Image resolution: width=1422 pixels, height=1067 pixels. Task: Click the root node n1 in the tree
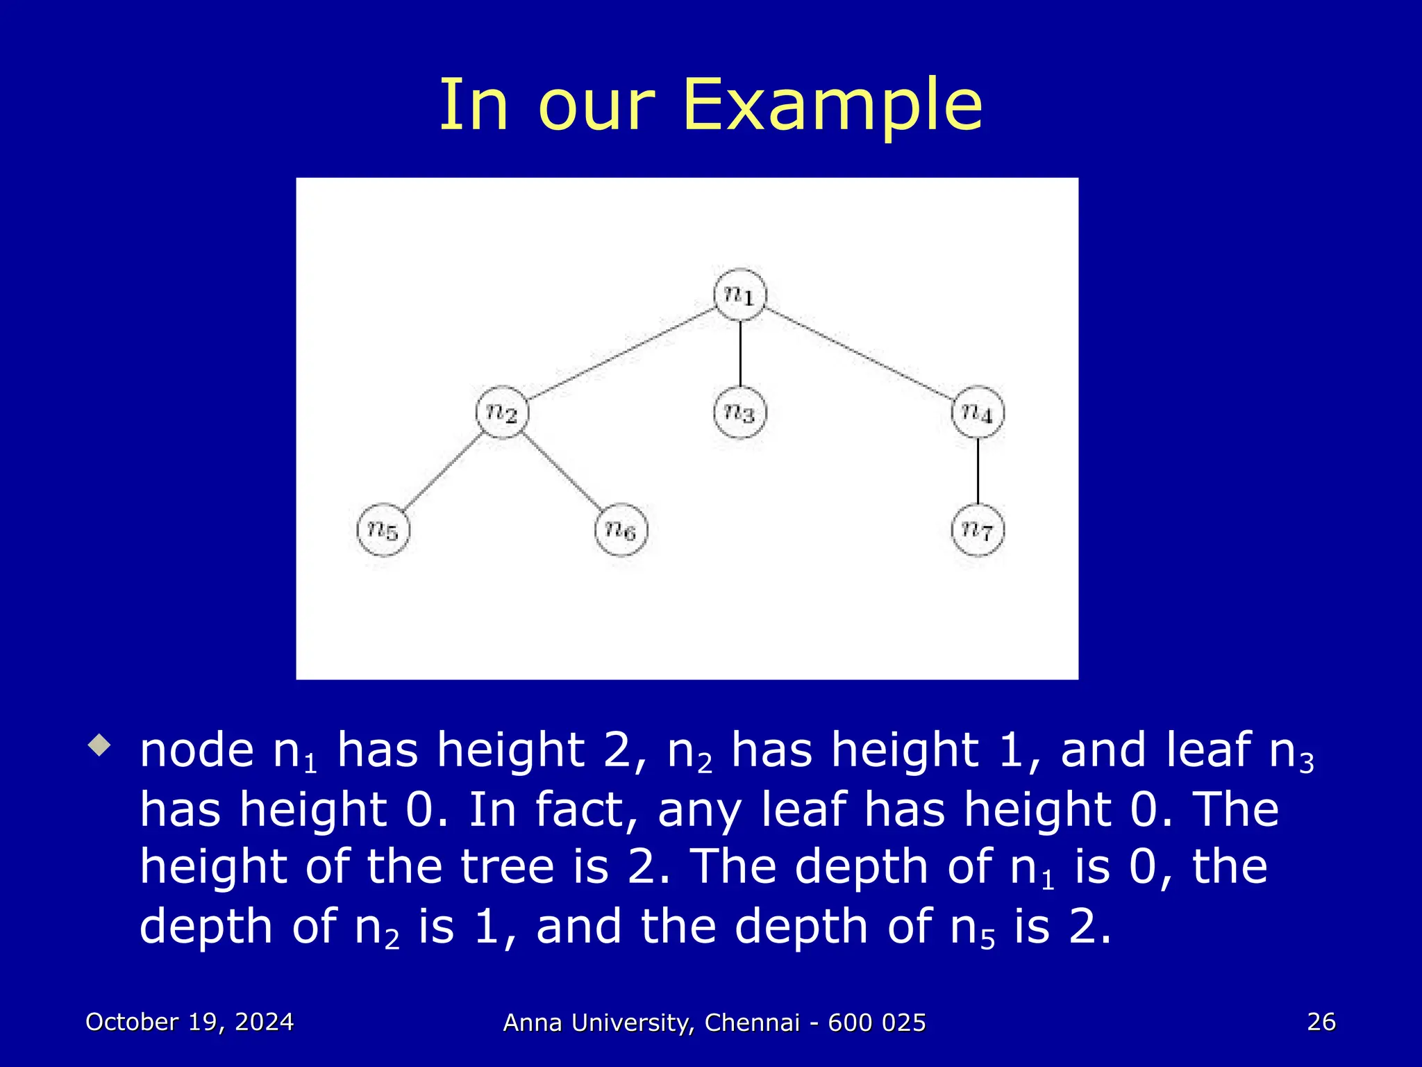pyautogui.click(x=739, y=295)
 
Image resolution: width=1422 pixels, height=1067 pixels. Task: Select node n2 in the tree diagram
pyautogui.click(x=502, y=413)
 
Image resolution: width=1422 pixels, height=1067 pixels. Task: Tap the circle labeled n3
pyautogui.click(x=739, y=413)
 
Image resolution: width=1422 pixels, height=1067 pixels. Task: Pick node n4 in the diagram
pyautogui.click(x=978, y=413)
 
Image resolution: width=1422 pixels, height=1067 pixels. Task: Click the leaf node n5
pyautogui.click(x=383, y=531)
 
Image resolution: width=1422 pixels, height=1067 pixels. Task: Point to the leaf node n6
pyautogui.click(x=621, y=531)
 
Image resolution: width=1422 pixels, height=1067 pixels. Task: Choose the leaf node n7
pyautogui.click(x=978, y=531)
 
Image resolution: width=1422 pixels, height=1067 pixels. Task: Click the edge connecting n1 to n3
pyautogui.click(x=740, y=354)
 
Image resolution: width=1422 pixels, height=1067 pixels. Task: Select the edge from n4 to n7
pyautogui.click(x=978, y=472)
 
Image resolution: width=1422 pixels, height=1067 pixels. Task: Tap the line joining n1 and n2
pyautogui.click(x=621, y=354)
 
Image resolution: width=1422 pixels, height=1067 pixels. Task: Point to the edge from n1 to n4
pyautogui.click(x=859, y=354)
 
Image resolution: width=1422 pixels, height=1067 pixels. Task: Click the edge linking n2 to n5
pyautogui.click(x=443, y=472)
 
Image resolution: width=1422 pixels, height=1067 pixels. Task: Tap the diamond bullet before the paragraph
pyautogui.click(x=99, y=747)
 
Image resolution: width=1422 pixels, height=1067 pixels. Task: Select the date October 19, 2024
pyautogui.click(x=190, y=1022)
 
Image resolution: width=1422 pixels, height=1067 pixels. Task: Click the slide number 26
pyautogui.click(x=1321, y=1022)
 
